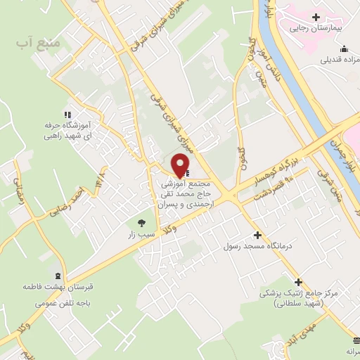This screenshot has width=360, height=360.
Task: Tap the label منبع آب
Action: [34, 44]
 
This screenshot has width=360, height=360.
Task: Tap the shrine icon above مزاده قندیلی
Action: [344, 49]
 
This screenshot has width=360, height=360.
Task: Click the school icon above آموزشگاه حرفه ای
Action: [67, 115]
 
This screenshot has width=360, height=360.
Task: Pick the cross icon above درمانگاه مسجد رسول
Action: [257, 235]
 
